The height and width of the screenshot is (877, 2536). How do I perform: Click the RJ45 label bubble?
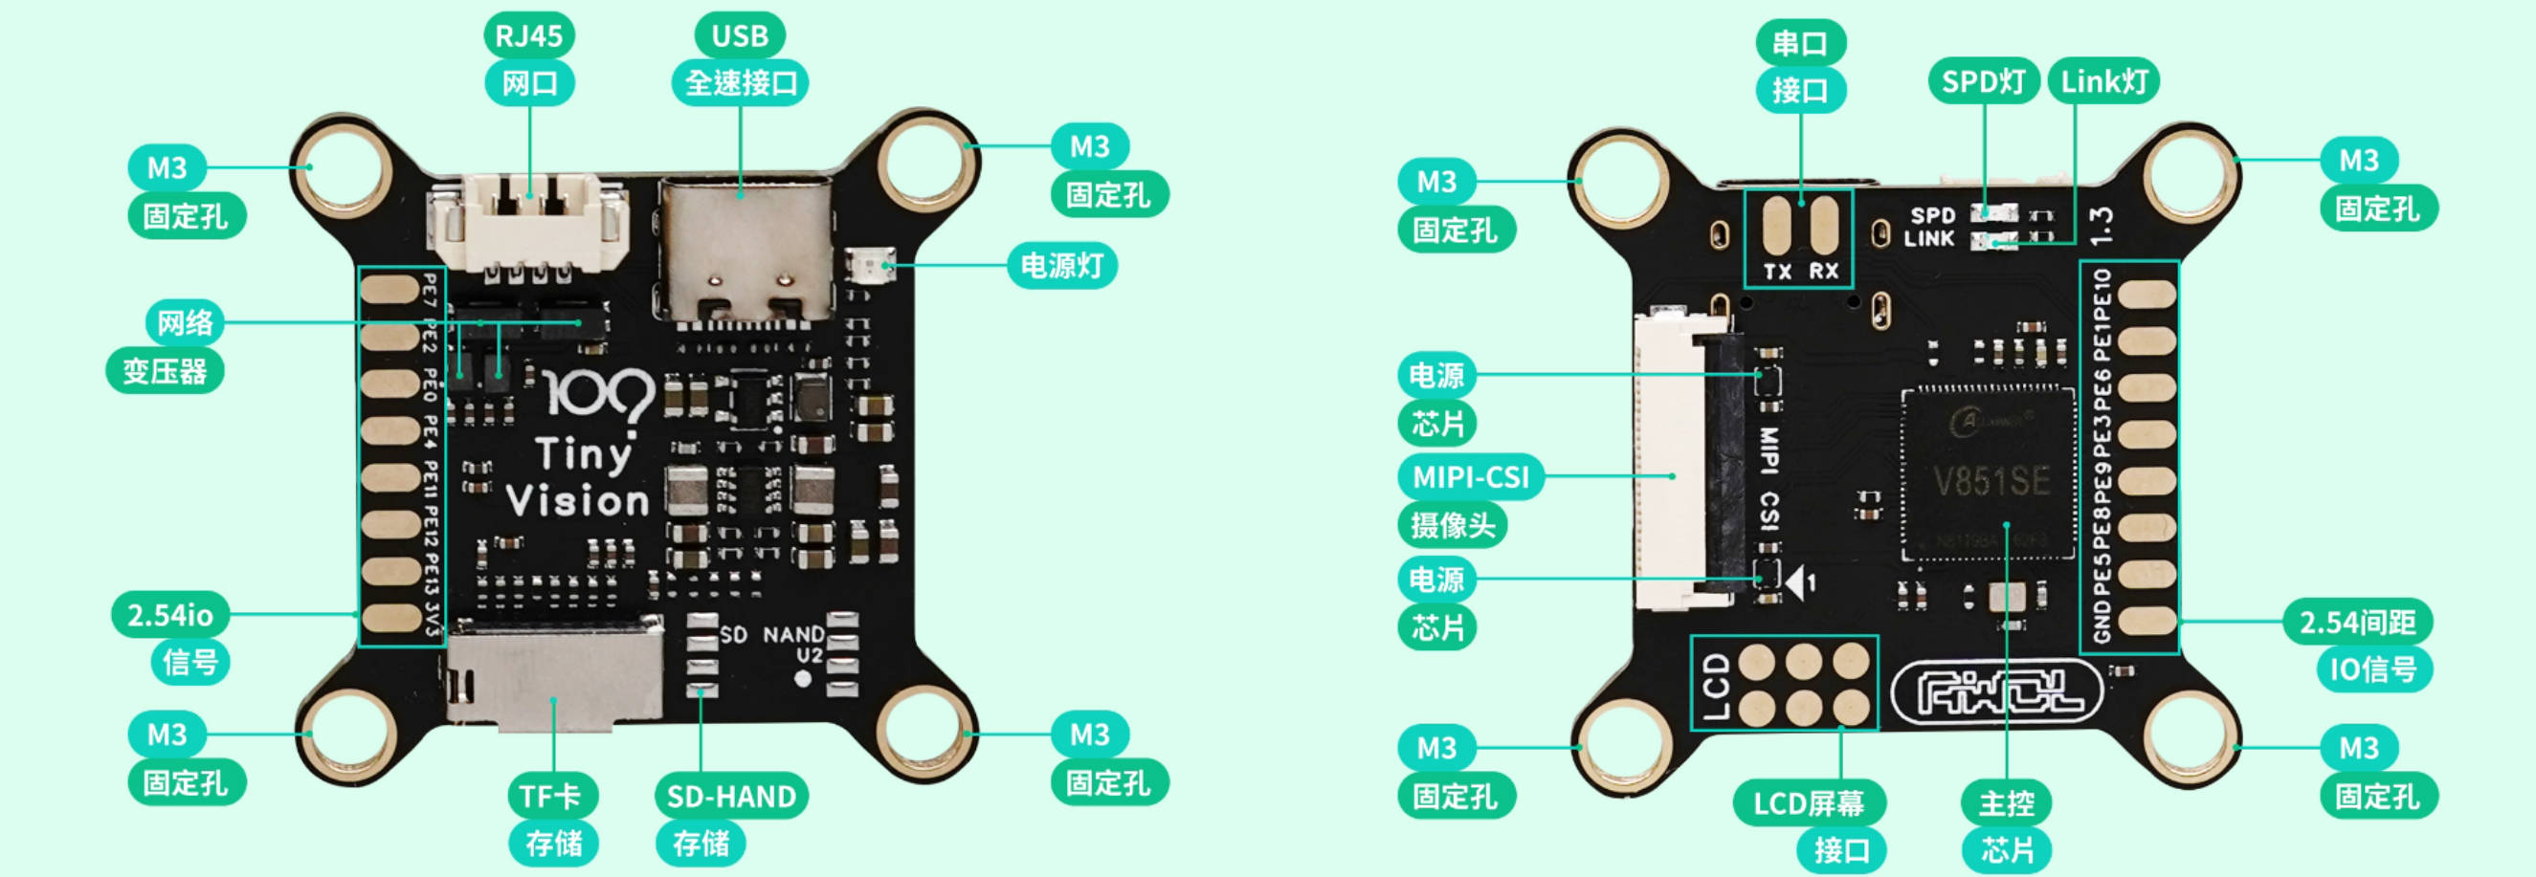pyautogui.click(x=528, y=36)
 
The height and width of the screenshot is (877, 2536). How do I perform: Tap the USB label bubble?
pyautogui.click(x=740, y=36)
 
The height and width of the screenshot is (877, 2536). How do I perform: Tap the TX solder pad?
pyautogui.click(x=1777, y=225)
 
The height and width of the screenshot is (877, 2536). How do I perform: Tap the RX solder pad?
pyautogui.click(x=1824, y=225)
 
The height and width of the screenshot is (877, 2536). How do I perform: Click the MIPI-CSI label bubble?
pyautogui.click(x=1470, y=477)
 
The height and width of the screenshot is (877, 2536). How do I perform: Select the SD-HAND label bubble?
pyautogui.click(x=730, y=797)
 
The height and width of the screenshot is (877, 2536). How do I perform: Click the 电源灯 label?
pyautogui.click(x=1061, y=266)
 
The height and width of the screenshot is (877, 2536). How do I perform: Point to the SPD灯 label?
pyautogui.click(x=1983, y=80)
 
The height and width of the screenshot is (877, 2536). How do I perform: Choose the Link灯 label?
pyautogui.click(x=2103, y=80)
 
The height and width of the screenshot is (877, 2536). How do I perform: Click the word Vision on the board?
pyautogui.click(x=579, y=501)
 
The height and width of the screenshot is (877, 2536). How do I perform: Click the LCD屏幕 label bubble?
pyautogui.click(x=1809, y=803)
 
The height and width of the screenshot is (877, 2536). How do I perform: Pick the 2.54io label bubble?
pyautogui.click(x=169, y=615)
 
